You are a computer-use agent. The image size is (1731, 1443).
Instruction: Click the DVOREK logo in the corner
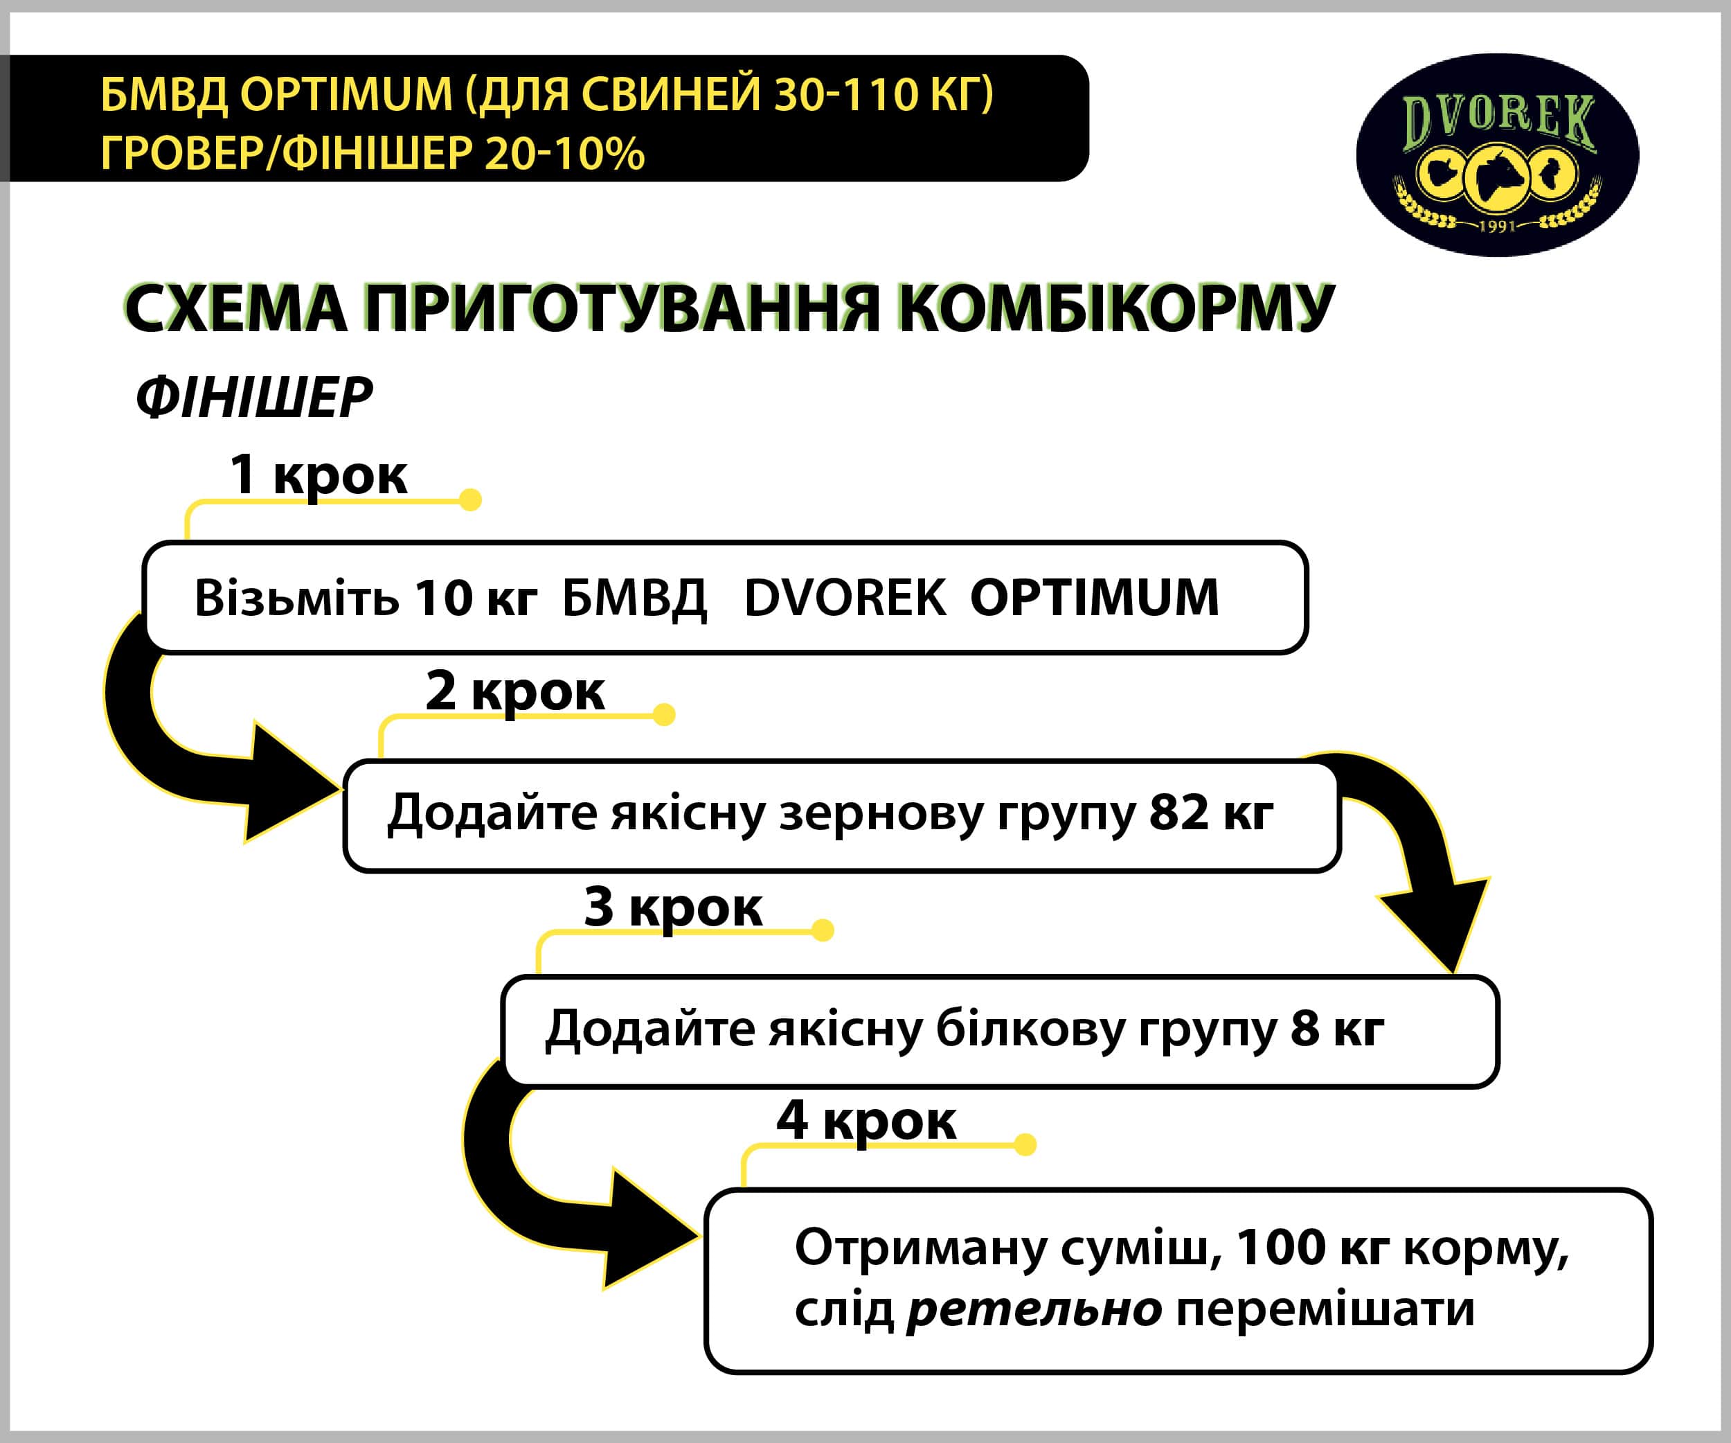[x=1497, y=155]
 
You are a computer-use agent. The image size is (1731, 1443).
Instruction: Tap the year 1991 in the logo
[x=1498, y=225]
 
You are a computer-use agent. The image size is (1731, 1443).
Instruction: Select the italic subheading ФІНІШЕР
[x=254, y=398]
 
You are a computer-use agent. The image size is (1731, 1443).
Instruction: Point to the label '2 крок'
[x=515, y=690]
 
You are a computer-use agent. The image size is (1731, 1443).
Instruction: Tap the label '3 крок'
[x=672, y=907]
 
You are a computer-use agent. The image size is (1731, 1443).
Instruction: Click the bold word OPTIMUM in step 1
[x=1095, y=597]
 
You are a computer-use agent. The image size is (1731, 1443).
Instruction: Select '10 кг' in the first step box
[x=476, y=598]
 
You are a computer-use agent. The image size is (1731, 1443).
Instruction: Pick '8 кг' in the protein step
[x=1337, y=1028]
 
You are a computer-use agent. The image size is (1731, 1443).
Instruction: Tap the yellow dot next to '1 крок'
[x=470, y=499]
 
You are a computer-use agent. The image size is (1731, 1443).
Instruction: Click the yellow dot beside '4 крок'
[x=1025, y=1144]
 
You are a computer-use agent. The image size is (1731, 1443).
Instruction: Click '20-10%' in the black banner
[x=564, y=153]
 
